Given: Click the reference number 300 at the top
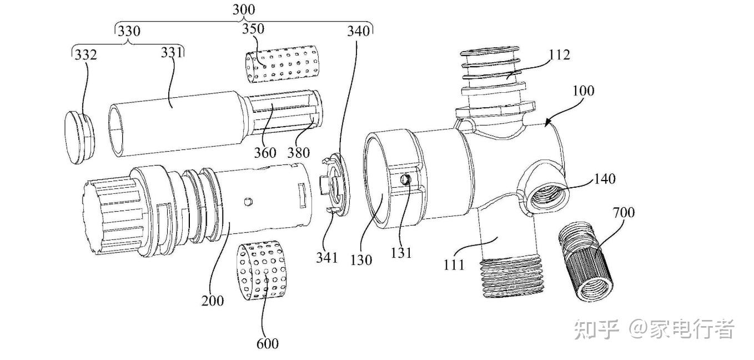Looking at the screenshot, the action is tap(244, 9).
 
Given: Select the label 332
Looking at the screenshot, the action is tap(86, 55).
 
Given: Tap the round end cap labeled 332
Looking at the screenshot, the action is tap(79, 137).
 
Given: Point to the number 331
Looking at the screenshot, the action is tap(172, 53).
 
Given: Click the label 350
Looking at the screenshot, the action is tap(253, 29).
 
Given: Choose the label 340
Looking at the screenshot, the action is tap(358, 31).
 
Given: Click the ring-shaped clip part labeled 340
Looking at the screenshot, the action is tap(334, 184).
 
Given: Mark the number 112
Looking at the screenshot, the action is tap(559, 54).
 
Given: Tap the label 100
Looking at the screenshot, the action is tap(584, 91).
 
